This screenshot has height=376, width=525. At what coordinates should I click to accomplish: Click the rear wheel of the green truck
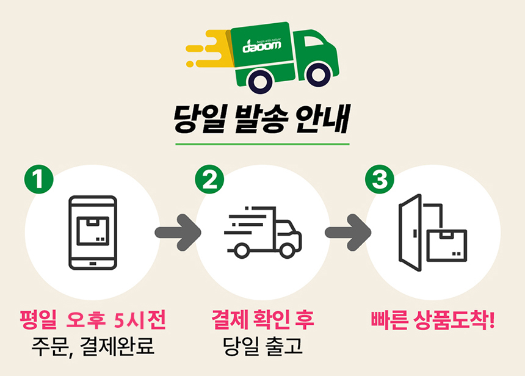[x=261, y=81]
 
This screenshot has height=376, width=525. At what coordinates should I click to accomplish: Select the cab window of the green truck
[x=314, y=41]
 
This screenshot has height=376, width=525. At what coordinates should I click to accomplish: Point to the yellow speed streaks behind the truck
[x=208, y=49]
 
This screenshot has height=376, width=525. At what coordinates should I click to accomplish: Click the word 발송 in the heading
[x=261, y=119]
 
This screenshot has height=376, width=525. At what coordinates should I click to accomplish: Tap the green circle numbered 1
[x=39, y=179]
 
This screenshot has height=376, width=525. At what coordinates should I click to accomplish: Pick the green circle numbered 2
[x=209, y=179]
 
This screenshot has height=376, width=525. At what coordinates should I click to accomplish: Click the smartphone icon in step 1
[x=93, y=233]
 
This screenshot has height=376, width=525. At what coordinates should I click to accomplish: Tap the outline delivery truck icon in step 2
[x=263, y=233]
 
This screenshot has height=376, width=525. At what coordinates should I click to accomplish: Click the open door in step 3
[x=410, y=233]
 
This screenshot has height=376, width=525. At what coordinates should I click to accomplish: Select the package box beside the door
[x=447, y=246]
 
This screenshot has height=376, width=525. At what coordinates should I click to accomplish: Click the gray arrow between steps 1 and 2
[x=178, y=233]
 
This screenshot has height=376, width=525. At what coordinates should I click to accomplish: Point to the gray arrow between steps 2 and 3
[x=348, y=233]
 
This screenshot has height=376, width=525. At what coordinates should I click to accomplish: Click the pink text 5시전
[x=140, y=320]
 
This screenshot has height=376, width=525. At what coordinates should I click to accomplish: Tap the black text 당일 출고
[x=263, y=346]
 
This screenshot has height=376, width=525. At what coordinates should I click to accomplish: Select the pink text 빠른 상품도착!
[x=433, y=320]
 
